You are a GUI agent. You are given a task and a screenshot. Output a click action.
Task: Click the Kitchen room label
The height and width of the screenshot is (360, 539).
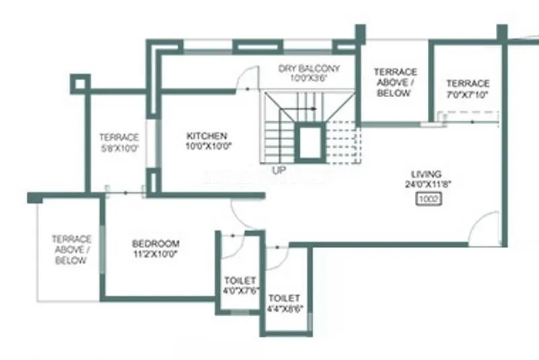[207, 136]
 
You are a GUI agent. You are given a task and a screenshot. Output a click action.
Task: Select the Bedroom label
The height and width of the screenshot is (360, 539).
[156, 243]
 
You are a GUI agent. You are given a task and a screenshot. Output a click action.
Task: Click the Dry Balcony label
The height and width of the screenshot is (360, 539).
[310, 69]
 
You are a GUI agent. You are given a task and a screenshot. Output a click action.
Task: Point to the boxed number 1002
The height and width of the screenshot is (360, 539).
[429, 199]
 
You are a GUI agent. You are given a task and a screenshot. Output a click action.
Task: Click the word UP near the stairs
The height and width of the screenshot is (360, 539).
[280, 170]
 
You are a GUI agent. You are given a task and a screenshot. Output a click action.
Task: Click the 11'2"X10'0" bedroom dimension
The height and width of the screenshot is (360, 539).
[156, 253]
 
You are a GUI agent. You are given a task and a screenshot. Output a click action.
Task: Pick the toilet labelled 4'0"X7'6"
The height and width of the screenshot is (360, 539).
[241, 285]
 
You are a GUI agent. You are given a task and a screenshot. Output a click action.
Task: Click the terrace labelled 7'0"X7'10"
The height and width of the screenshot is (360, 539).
[468, 88]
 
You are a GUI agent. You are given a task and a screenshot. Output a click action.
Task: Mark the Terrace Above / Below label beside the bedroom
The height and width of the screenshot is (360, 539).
[72, 249]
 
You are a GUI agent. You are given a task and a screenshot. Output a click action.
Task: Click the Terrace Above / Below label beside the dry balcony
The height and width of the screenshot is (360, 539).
[395, 82]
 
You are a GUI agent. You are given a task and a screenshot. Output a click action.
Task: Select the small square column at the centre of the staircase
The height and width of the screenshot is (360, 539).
[310, 142]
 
